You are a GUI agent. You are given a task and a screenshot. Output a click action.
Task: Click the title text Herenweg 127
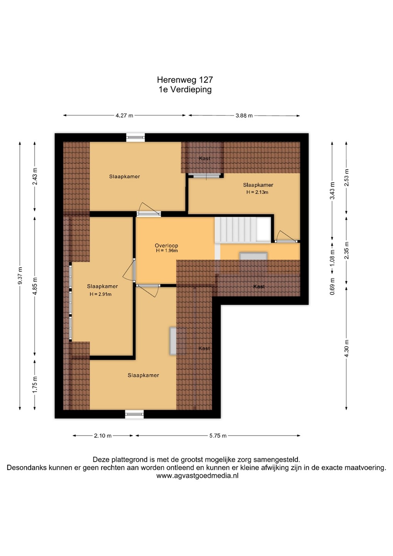tap(185, 80)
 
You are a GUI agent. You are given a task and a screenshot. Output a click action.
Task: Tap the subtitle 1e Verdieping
tap(185, 89)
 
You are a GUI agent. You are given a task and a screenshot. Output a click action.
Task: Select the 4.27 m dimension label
tap(124, 115)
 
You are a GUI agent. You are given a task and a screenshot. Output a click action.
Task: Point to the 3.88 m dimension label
tap(244, 115)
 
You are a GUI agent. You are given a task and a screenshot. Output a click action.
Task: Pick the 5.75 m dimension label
tap(218, 436)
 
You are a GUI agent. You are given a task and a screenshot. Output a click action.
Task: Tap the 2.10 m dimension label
tap(103, 436)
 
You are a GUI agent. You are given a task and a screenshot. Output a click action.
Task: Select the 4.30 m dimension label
tap(347, 348)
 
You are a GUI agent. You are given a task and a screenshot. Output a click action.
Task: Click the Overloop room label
tap(166, 246)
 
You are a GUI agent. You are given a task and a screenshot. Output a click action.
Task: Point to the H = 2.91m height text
tap(100, 295)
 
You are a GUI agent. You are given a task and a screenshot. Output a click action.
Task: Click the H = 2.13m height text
tap(257, 192)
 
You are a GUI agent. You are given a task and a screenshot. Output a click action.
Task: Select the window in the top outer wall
tap(135, 137)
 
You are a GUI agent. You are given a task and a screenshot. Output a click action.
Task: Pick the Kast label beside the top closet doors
tap(205, 158)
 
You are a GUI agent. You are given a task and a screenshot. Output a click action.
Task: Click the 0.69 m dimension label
tap(332, 286)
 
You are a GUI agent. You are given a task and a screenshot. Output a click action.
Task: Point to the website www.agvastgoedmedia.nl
tap(197, 476)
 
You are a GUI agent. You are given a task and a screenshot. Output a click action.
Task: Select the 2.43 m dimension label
tap(35, 176)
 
